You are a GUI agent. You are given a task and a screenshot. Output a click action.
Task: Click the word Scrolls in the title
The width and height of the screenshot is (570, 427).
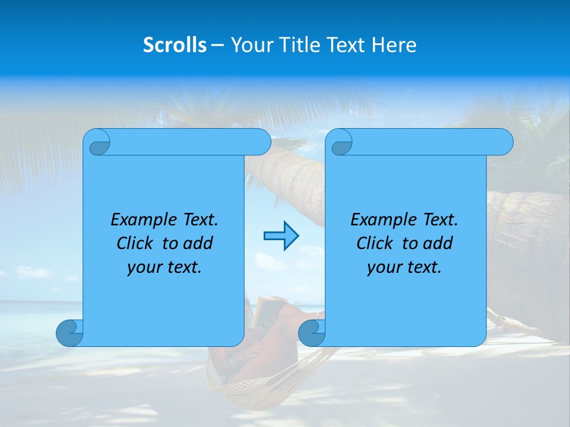click(x=175, y=45)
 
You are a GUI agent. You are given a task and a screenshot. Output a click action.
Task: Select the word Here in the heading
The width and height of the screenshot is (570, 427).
click(x=394, y=45)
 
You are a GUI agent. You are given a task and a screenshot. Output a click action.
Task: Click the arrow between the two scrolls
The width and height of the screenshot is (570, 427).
click(x=281, y=236)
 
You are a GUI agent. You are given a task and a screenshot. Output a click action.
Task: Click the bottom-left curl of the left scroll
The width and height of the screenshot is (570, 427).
click(x=69, y=332)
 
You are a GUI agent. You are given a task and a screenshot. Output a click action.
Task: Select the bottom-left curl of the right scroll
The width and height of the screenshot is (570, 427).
click(x=311, y=332)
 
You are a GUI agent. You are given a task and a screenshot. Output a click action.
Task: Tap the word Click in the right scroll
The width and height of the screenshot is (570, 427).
click(x=374, y=243)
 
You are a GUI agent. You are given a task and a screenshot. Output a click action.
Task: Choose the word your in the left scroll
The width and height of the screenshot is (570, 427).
click(x=143, y=267)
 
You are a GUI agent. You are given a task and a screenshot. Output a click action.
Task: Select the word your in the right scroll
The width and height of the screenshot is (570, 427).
click(x=383, y=267)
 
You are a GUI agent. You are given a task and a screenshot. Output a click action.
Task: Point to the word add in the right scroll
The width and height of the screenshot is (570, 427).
click(x=438, y=243)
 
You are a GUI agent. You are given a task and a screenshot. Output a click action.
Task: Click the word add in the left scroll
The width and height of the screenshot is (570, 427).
click(x=198, y=243)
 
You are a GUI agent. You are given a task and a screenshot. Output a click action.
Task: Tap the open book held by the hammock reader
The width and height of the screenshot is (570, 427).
click(x=261, y=311)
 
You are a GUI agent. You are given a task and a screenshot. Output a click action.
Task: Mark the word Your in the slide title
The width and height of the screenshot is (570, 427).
click(x=246, y=45)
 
